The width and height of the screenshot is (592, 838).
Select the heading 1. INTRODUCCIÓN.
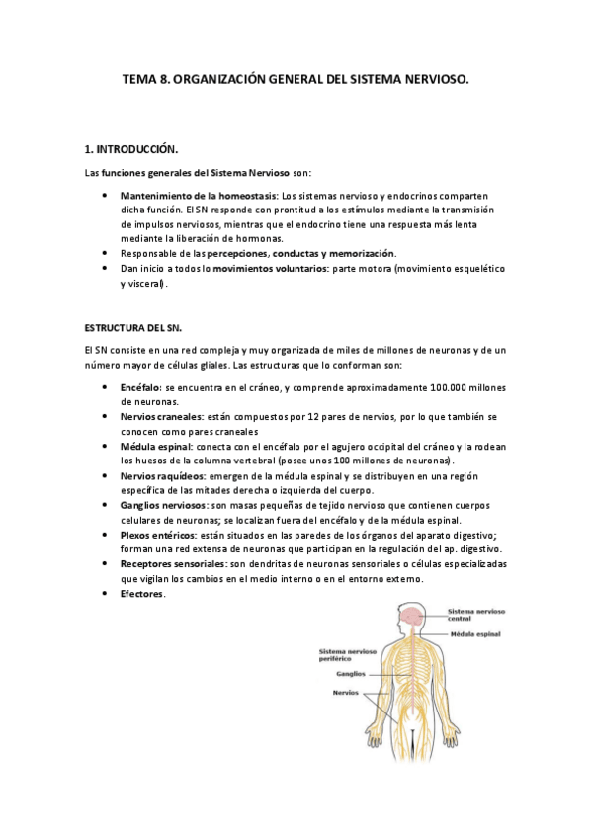coord(131,150)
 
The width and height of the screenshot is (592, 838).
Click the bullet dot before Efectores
coord(105,594)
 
